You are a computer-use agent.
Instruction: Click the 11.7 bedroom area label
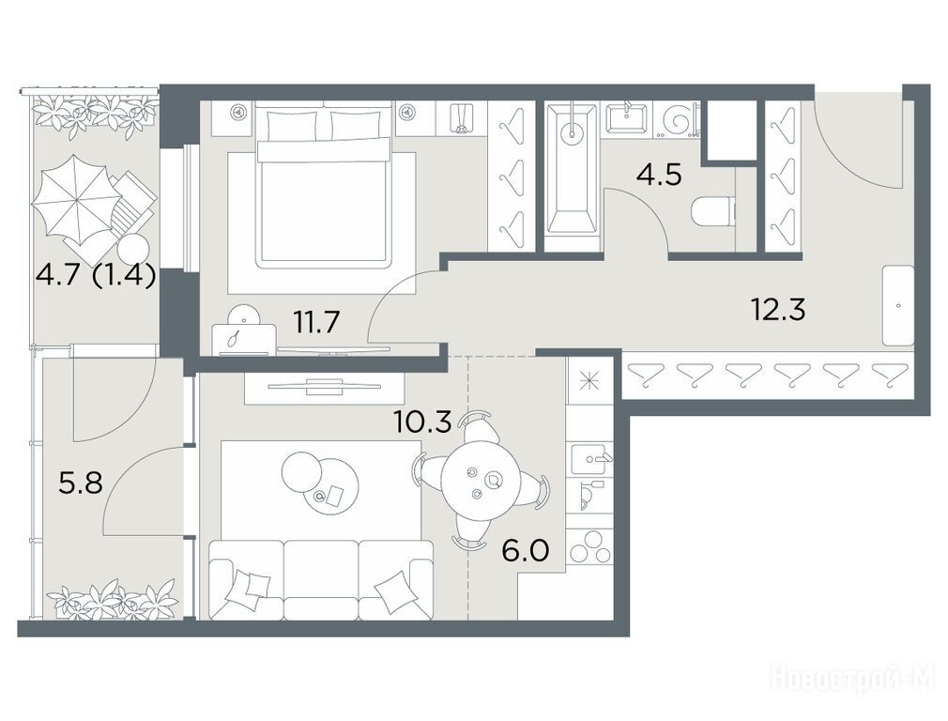(x=317, y=321)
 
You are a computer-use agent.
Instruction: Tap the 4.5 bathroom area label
(x=659, y=175)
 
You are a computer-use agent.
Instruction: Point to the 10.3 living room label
(x=422, y=422)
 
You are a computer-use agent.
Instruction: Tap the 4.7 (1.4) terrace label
(x=96, y=276)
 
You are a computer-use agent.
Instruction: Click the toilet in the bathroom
(x=713, y=212)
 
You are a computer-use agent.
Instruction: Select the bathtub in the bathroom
(x=570, y=169)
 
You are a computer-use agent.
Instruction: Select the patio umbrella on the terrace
(x=71, y=197)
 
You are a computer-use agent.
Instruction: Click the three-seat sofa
(x=321, y=579)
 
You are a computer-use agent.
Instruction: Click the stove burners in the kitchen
(x=590, y=546)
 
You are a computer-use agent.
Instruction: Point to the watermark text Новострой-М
(x=854, y=679)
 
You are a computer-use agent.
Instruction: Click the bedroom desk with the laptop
(x=244, y=339)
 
